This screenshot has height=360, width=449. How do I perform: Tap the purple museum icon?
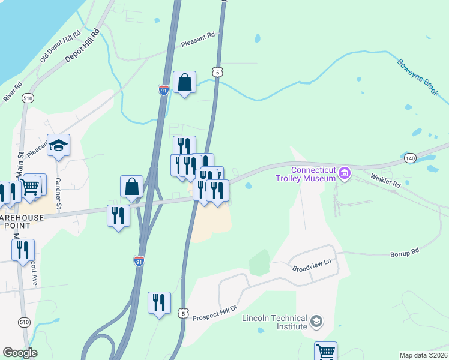tap(344, 174)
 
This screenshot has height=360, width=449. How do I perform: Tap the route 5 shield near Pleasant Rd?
tap(217, 72)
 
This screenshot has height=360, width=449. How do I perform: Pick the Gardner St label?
tap(59, 193)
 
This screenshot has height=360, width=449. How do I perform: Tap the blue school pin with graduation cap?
tap(59, 145)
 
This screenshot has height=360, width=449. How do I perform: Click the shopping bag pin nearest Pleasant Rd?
tap(185, 82)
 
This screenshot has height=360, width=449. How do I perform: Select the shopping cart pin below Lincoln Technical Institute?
tap(325, 352)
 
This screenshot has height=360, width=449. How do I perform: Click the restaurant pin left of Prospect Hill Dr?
tap(160, 302)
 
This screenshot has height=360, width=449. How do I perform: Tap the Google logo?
tap(20, 353)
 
